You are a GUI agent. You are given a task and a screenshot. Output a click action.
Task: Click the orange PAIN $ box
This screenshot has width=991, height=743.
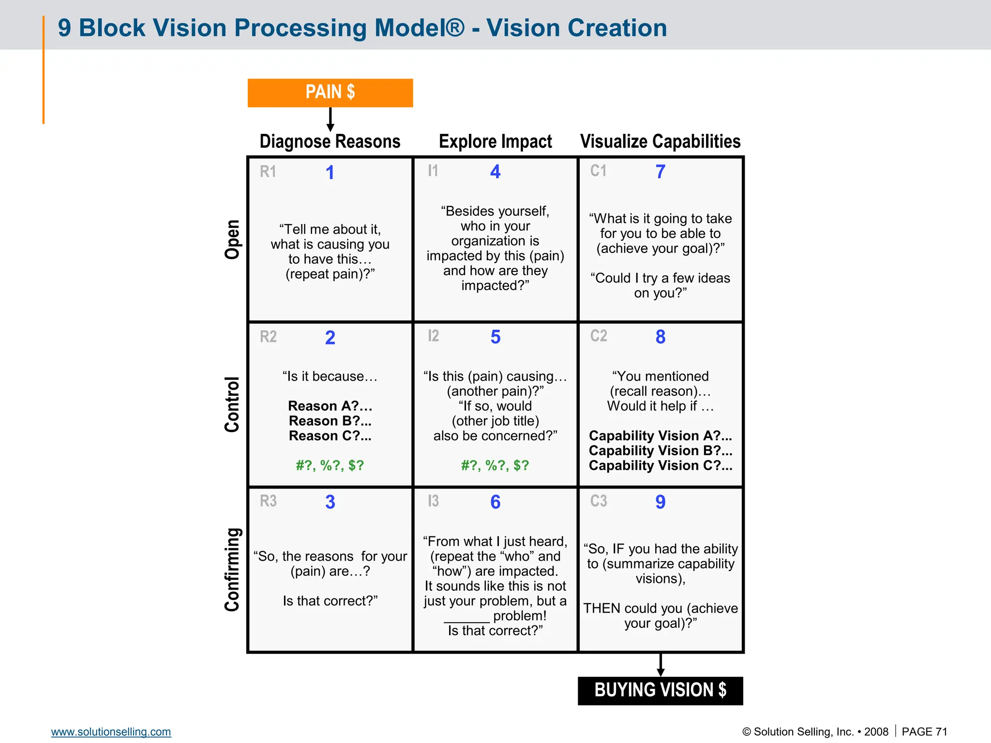click(330, 92)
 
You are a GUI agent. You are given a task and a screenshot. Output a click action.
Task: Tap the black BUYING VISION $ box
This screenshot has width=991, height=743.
click(660, 690)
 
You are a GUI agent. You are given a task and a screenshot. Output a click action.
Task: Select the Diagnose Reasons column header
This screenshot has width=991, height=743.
click(330, 142)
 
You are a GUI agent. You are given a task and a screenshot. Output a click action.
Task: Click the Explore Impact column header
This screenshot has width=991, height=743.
click(495, 142)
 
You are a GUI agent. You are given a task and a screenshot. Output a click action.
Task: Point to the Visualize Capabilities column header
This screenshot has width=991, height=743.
click(660, 142)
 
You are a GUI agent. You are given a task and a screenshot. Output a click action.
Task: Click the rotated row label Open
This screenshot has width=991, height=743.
click(232, 239)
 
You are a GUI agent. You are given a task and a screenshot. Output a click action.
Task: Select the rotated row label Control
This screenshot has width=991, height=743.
click(232, 404)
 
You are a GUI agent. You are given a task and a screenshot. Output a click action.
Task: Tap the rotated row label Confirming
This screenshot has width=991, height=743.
click(232, 569)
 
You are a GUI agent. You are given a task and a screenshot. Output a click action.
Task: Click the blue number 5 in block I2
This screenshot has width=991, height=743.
click(495, 337)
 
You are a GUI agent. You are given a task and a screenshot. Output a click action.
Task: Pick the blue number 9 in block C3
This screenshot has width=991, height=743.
click(661, 502)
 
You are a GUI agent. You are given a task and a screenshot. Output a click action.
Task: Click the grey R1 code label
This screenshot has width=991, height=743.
click(268, 172)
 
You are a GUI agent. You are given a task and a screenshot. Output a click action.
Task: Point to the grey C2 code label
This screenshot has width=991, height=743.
click(599, 336)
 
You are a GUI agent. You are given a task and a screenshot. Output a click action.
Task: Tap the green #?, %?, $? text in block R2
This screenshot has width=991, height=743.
click(330, 465)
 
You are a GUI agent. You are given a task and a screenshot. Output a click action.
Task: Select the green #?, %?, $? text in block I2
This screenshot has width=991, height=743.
click(495, 465)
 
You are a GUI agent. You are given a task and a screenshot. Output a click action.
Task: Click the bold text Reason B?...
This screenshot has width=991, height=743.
click(330, 421)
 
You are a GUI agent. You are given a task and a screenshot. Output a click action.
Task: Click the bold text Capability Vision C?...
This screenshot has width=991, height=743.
click(660, 465)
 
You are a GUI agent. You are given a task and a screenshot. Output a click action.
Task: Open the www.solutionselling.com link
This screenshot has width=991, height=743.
click(111, 732)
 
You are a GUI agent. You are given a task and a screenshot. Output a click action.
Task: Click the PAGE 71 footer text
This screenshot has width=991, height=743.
click(924, 732)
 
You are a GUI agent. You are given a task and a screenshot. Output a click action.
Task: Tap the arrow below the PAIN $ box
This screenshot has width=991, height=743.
click(330, 119)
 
